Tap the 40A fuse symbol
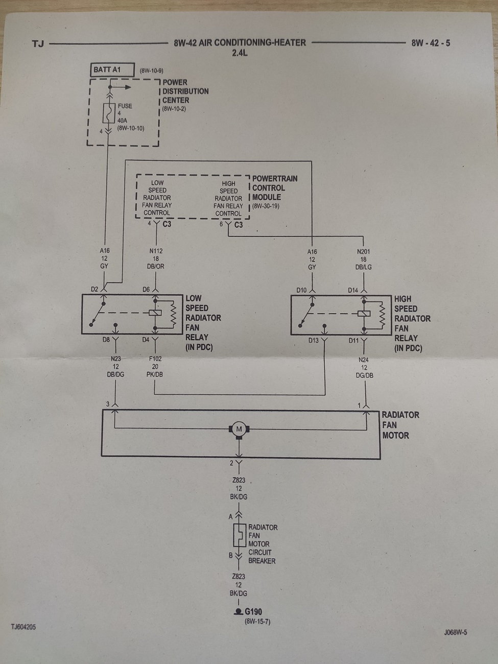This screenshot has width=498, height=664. (x=109, y=113)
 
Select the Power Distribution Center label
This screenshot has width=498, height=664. (x=185, y=91)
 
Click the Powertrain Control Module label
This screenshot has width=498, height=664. (x=274, y=188)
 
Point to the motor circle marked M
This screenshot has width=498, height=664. (x=239, y=429)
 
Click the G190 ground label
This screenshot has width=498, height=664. (x=253, y=611)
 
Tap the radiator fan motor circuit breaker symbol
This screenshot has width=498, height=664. (x=239, y=536)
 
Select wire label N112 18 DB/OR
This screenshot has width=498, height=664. (x=156, y=258)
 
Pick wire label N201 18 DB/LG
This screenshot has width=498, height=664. (x=363, y=259)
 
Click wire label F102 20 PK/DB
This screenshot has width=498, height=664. (x=155, y=367)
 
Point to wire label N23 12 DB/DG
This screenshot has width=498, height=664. (x=116, y=367)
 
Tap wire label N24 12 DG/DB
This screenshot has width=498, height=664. (x=364, y=367)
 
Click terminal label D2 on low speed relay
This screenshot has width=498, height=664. (x=94, y=290)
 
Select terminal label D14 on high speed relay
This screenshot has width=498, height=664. (x=353, y=290)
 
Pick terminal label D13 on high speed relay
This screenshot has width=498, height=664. (x=313, y=340)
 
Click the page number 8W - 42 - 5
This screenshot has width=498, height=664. (x=431, y=43)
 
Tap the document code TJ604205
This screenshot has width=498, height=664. (x=23, y=627)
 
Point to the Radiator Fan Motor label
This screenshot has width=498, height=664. (x=400, y=425)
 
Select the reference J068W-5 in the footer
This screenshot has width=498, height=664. (x=455, y=632)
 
